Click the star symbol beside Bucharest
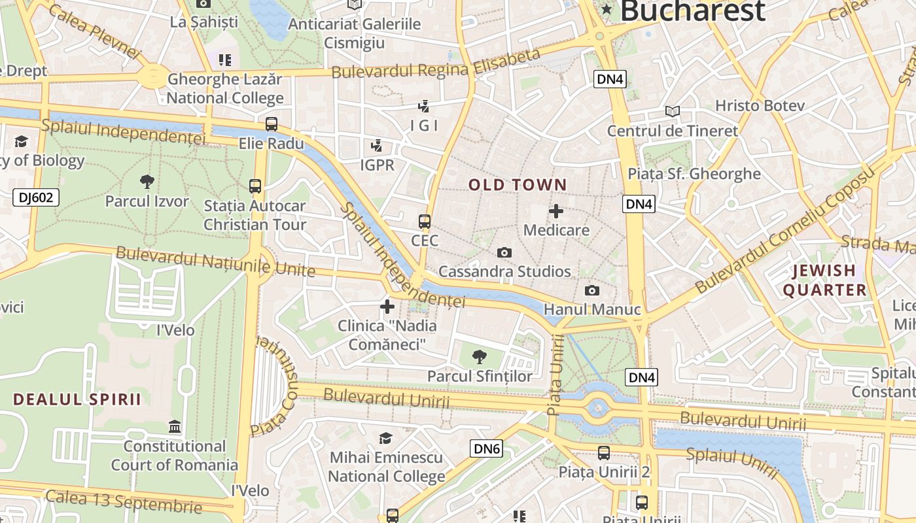coord(607,9)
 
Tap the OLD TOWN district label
coord(518,185)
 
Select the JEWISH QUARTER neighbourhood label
coord(824,280)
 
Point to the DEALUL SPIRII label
coord(77,399)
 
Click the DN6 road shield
coord(486,448)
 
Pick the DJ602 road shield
coord(36,197)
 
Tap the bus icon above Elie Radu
coord(271,124)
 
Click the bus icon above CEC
coord(425,221)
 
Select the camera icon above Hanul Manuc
coord(592,290)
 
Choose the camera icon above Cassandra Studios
coord(504,252)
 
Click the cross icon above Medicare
coord(555,211)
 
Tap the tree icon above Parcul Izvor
coord(147,181)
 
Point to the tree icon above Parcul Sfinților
coord(480,356)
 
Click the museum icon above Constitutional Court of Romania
coord(175,427)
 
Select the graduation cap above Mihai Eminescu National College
coord(386,438)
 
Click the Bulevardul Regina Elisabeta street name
coord(436,63)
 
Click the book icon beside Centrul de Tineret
coord(672,111)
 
